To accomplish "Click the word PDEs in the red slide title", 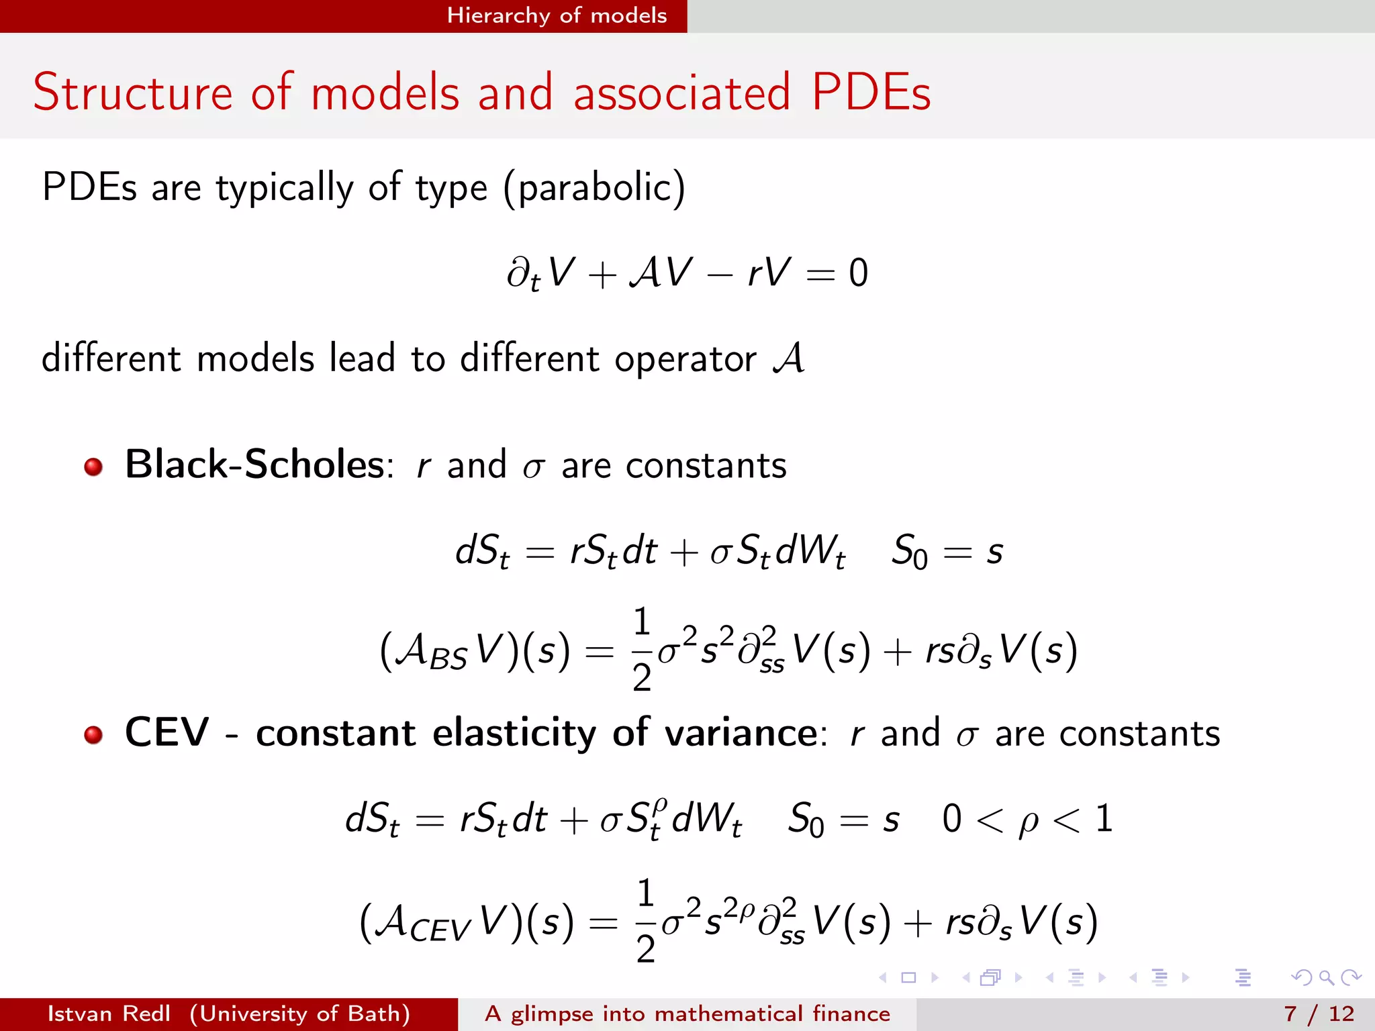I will tap(871, 92).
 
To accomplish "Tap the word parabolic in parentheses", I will tap(594, 187).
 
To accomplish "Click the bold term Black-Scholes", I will tap(254, 464).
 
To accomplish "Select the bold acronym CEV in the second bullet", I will tap(167, 732).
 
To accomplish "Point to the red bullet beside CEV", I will tap(93, 734).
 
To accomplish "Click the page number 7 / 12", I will tap(1319, 1014).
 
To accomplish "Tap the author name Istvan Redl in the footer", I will tap(109, 1014).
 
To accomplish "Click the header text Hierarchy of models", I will tap(557, 15).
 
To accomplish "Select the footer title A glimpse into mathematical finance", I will tap(687, 1014).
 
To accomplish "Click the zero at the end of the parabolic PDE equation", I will tap(858, 273).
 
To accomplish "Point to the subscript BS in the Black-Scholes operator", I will tap(448, 660).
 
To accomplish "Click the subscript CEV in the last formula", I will tap(440, 930).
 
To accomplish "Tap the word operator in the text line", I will tap(685, 359).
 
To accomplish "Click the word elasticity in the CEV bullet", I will tap(514, 732).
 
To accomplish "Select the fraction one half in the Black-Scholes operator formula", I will tap(642, 649).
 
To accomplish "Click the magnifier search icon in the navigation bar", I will tap(1326, 977).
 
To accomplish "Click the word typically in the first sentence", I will tap(284, 187).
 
